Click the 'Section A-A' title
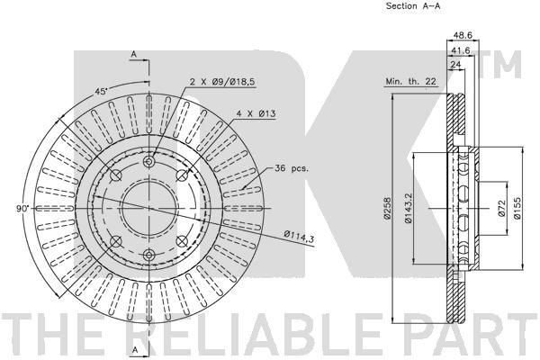click(413, 6)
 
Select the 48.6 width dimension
click(463, 35)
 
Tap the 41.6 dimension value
click(461, 50)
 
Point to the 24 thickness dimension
click(455, 65)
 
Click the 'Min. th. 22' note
click(411, 81)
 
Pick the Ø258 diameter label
click(387, 208)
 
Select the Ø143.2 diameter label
click(408, 209)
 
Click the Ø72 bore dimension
click(501, 208)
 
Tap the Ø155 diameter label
click(517, 208)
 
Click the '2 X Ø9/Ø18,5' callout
click(222, 82)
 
